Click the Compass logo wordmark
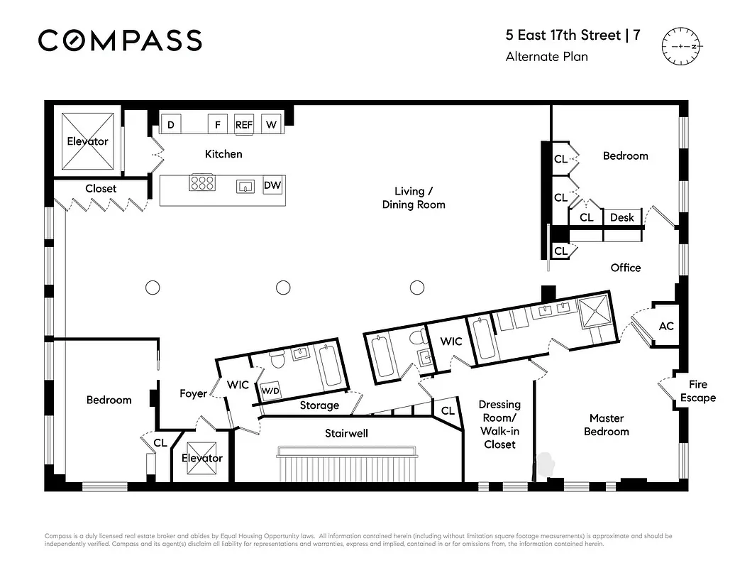(120, 40)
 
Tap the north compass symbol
(681, 45)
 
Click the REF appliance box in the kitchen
(243, 124)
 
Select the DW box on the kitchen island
(272, 186)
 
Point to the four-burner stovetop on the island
(201, 183)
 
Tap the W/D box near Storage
(270, 391)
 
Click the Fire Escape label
(697, 391)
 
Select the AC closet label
(666, 326)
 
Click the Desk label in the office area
(622, 217)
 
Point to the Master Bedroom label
(607, 425)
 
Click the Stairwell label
(346, 433)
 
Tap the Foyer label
(193, 393)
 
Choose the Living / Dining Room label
(414, 197)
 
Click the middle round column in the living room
(283, 288)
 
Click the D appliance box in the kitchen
(170, 124)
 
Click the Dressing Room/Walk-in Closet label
(499, 424)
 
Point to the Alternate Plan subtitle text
(546, 57)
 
